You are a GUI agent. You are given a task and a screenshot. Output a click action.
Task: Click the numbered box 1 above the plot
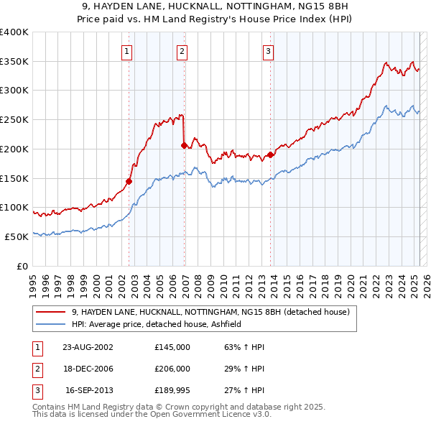[x=126, y=51]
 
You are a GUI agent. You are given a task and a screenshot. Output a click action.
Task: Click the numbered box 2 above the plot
[x=182, y=51]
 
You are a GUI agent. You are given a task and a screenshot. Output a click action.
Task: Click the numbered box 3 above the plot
[x=268, y=51]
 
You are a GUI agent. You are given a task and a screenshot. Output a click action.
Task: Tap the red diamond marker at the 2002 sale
[x=129, y=181]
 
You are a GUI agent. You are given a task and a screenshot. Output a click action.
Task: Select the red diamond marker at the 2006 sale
[x=185, y=146]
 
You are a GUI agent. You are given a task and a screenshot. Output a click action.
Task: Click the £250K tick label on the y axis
[x=14, y=119]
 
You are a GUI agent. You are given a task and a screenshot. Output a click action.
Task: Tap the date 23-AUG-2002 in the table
[x=88, y=347]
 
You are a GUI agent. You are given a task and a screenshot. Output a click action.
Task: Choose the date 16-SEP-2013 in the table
[x=88, y=391]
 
